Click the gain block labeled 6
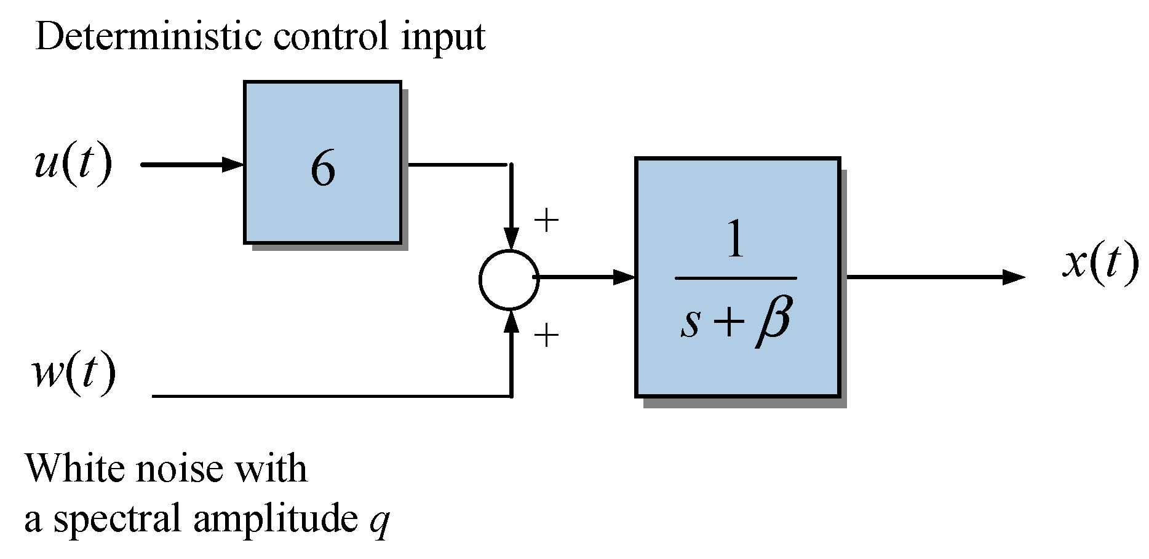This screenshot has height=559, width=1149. click(322, 163)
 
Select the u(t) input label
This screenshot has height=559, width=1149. click(73, 164)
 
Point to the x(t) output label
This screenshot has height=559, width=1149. click(1100, 263)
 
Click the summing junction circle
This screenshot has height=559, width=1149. click(509, 279)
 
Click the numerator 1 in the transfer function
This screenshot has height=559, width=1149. click(736, 239)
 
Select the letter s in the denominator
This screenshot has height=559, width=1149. click(690, 322)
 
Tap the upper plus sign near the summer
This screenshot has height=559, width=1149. click(546, 220)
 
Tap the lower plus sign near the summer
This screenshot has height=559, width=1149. click(546, 336)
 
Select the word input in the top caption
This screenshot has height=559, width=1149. click(443, 38)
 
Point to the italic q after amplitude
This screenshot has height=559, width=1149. click(379, 520)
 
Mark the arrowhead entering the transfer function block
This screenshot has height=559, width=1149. click(624, 277)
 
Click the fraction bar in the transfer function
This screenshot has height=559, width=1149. click(736, 278)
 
